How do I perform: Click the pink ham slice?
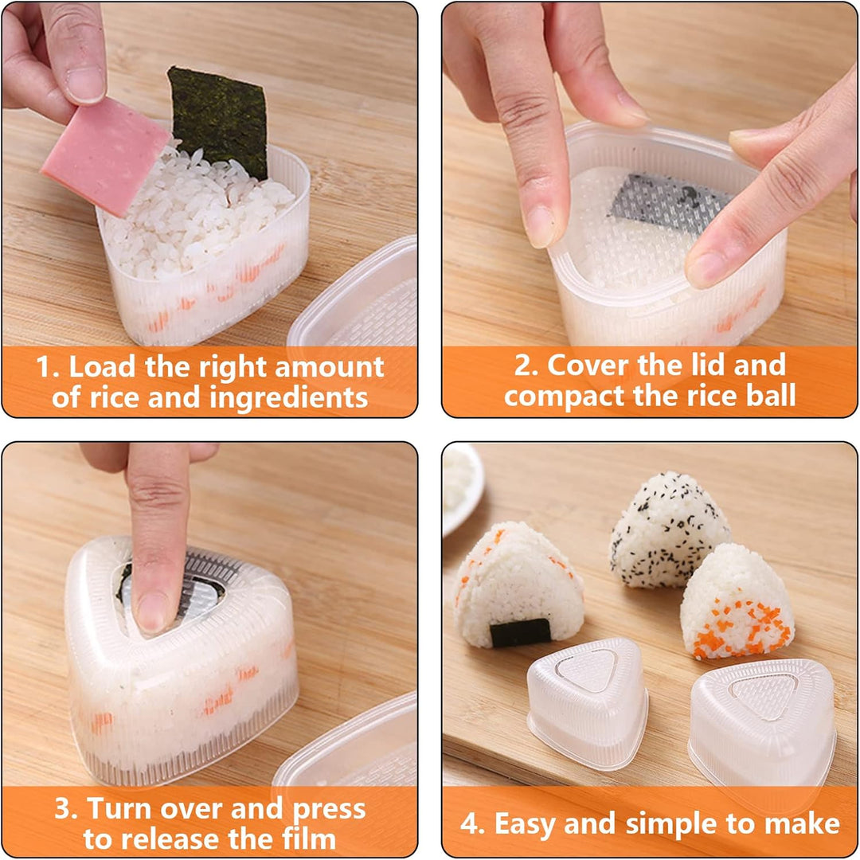104,155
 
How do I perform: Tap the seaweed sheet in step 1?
219,119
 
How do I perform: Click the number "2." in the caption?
526,365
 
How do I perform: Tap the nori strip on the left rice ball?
520,631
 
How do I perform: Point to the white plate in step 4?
462,486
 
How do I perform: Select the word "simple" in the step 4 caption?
682,824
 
